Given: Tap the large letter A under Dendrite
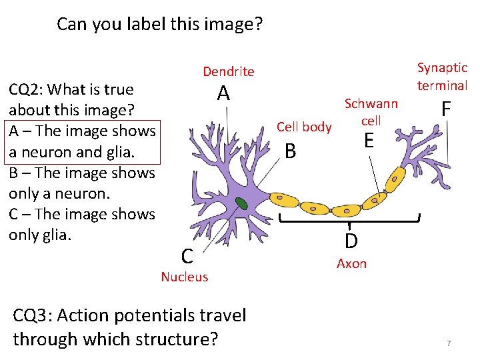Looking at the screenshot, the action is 223,95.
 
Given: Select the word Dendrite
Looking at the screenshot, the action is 229,71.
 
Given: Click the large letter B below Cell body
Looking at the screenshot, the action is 290,151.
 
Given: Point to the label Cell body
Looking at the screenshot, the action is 304,127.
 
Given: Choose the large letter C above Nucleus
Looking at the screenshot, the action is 188,255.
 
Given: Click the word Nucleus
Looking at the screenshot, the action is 185,277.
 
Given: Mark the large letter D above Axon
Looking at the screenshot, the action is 351,241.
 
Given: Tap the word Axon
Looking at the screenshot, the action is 351,263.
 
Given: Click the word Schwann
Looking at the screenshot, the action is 371,104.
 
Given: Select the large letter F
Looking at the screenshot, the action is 445,109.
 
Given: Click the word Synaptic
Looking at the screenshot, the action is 443,68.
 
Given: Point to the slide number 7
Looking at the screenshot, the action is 449,343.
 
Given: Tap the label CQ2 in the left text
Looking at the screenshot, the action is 25,89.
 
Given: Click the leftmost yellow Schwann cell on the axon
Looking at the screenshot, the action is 285,198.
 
